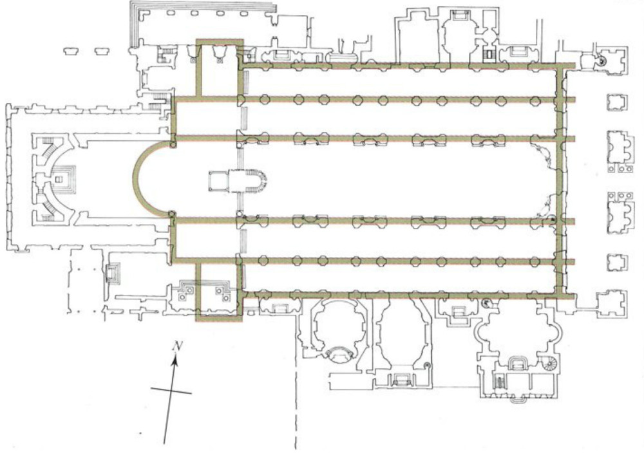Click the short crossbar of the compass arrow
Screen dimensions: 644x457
171,391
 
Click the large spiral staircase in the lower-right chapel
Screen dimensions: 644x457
551,363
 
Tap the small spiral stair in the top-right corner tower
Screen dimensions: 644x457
603,61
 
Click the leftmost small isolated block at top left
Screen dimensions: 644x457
72,51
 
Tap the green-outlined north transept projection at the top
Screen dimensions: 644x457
220,68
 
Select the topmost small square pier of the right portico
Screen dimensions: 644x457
617,102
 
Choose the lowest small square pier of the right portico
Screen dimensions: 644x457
617,262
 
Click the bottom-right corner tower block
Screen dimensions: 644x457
612,303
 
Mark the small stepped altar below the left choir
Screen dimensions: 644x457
113,274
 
